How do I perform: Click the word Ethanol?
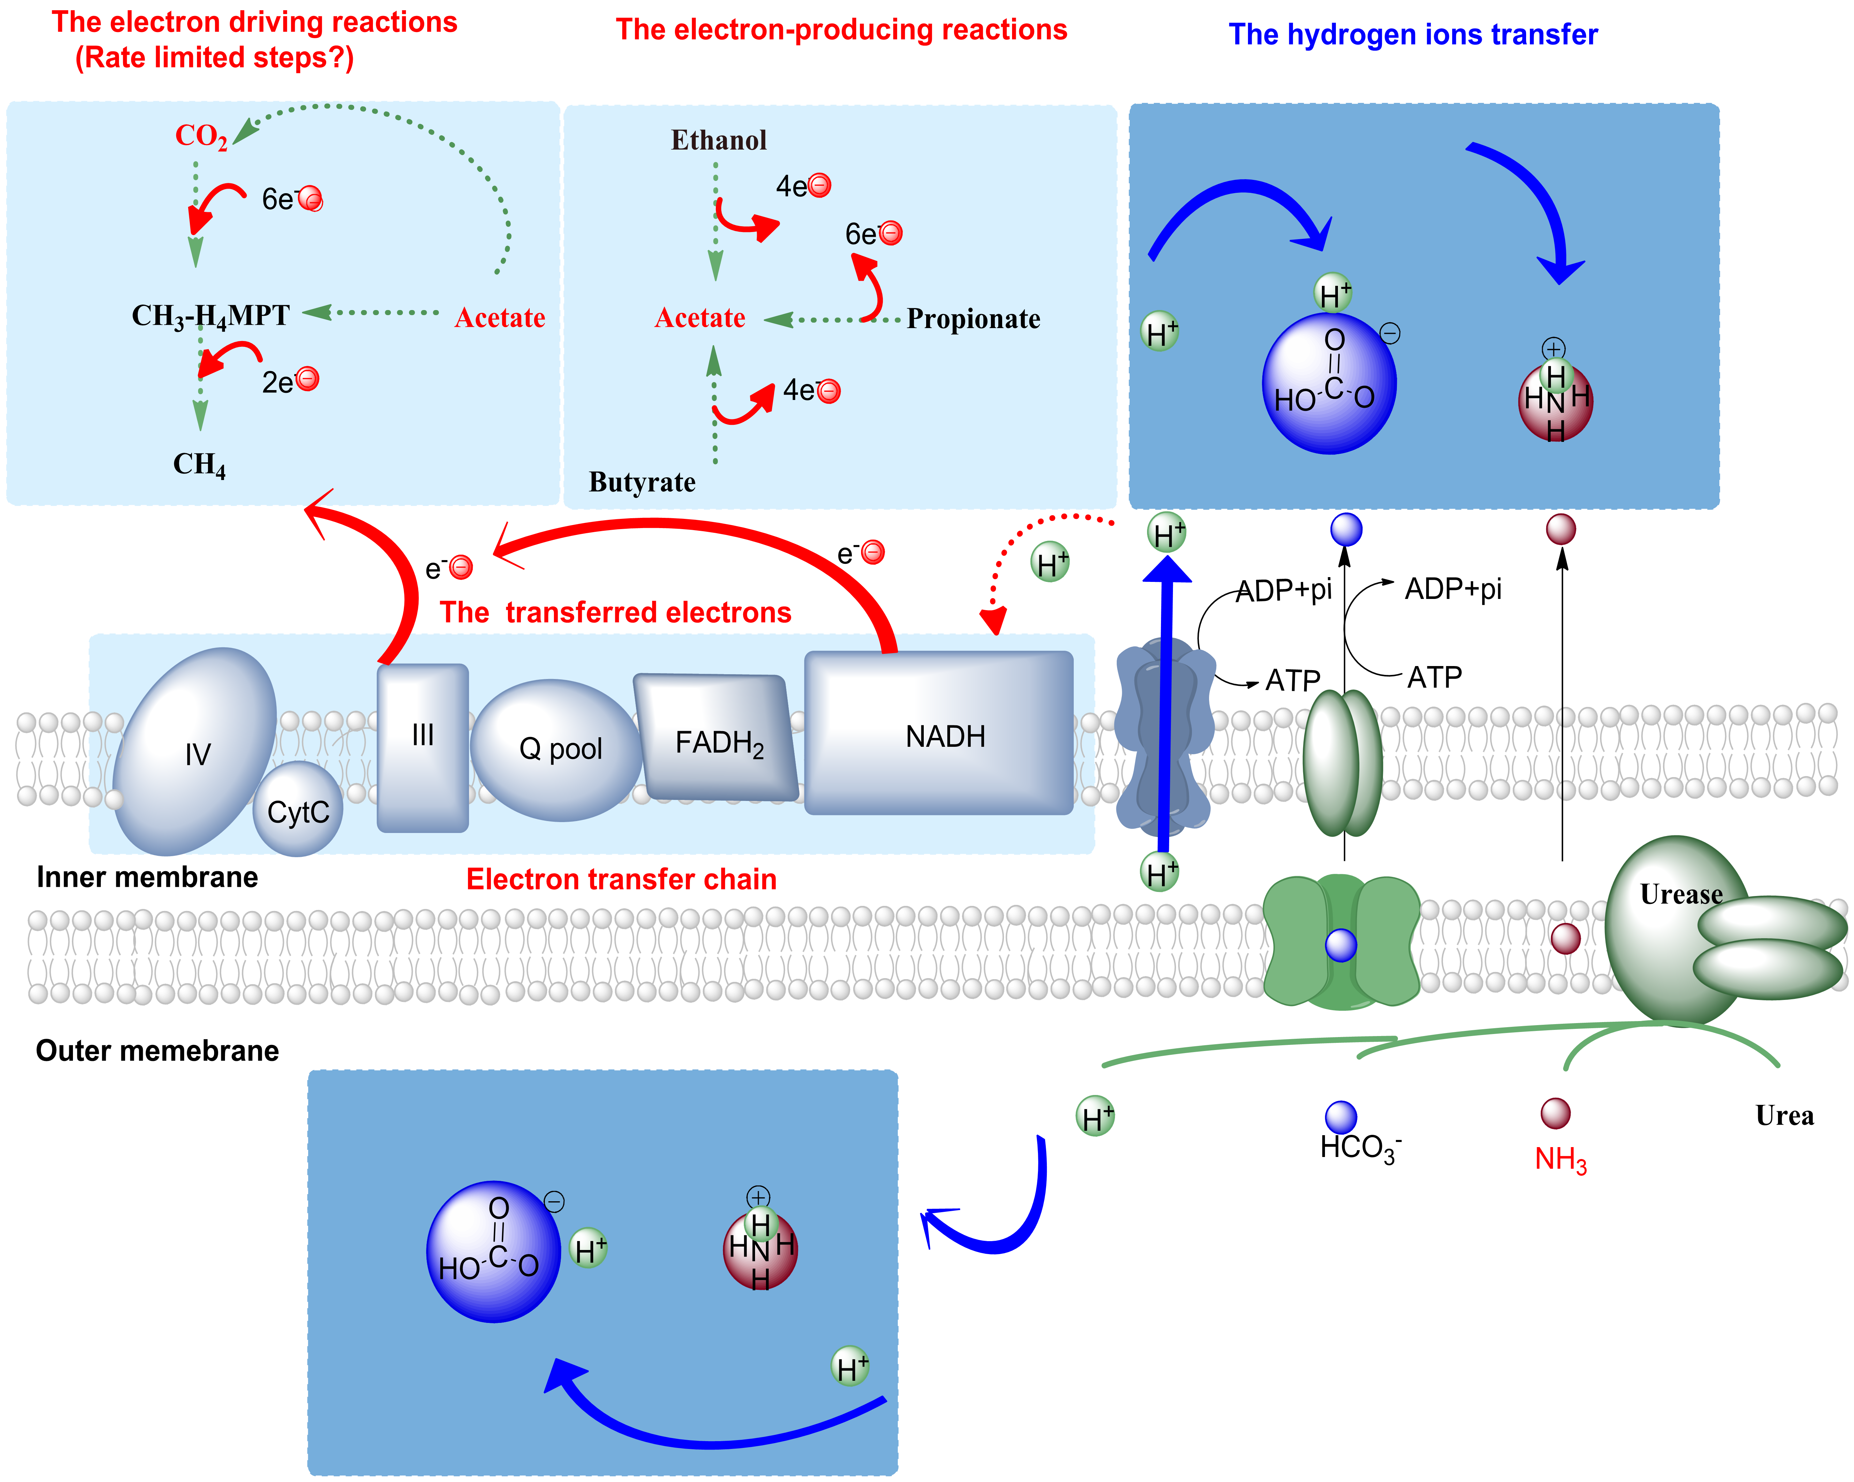pos(718,140)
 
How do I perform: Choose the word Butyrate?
pos(642,482)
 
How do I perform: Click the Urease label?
pos(1680,894)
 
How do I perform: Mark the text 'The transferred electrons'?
pos(615,612)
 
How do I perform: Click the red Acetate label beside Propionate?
pos(699,318)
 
